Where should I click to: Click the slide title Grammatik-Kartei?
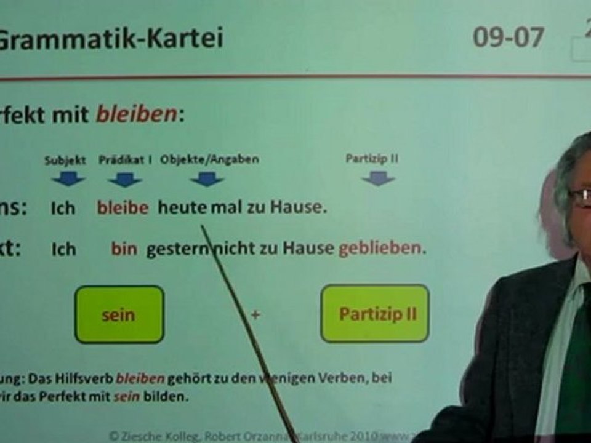click(x=111, y=38)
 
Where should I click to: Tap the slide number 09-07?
click(x=508, y=38)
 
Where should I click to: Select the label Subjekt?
click(x=65, y=159)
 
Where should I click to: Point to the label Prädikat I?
click(x=126, y=159)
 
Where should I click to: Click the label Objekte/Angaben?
click(x=209, y=159)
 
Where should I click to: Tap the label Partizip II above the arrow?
click(x=372, y=159)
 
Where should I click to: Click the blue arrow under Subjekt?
click(x=68, y=179)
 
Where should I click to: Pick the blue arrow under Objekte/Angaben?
click(x=206, y=179)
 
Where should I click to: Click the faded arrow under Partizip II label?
click(x=378, y=178)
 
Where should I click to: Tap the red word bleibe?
click(x=123, y=208)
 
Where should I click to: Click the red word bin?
click(x=124, y=249)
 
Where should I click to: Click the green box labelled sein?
click(x=119, y=314)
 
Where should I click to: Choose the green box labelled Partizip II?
click(x=375, y=314)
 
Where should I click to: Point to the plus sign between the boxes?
click(x=255, y=314)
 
